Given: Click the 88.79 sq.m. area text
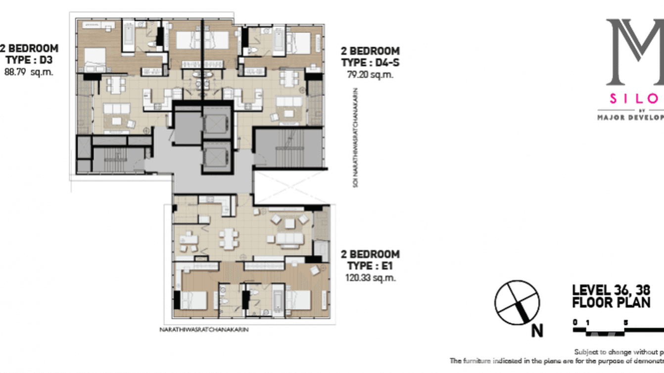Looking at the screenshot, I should click(29, 72).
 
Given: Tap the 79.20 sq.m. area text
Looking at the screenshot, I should click(370, 75).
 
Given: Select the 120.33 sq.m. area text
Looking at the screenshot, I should click(370, 278).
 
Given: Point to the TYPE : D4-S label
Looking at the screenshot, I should click(370, 63).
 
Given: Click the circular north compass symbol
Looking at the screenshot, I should click(517, 303).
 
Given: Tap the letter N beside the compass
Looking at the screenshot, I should click(537, 330).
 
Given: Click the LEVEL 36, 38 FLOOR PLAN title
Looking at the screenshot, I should click(612, 296).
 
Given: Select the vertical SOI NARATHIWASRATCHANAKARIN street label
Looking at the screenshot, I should click(356, 138).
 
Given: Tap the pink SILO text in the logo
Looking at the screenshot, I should click(636, 99).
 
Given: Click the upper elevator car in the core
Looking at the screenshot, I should click(217, 122).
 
